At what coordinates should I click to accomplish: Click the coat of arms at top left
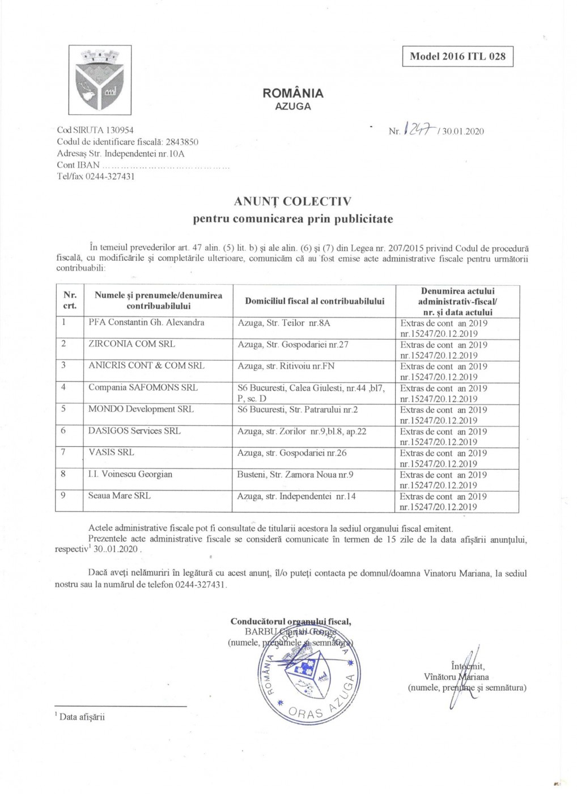click(x=100, y=80)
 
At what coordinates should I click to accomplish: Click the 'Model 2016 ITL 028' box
click(x=457, y=56)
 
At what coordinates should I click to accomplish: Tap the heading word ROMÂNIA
click(x=292, y=93)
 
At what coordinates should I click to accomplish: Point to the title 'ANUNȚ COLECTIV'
click(x=292, y=201)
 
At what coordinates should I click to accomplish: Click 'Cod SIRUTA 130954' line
click(x=95, y=130)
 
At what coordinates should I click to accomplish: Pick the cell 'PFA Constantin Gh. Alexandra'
click(x=146, y=323)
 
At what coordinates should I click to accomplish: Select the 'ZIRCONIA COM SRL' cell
click(x=131, y=344)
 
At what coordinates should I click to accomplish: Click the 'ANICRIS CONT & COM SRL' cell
click(x=146, y=366)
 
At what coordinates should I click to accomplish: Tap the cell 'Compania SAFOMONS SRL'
click(x=143, y=387)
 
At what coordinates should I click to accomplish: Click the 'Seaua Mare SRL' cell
click(x=119, y=496)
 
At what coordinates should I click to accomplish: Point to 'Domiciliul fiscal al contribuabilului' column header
click(x=315, y=301)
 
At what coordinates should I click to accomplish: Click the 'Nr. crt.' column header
click(x=70, y=301)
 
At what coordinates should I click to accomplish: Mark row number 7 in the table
click(x=63, y=453)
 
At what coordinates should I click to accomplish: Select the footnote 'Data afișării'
click(x=82, y=717)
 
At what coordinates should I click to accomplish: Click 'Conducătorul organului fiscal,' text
click(x=290, y=622)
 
